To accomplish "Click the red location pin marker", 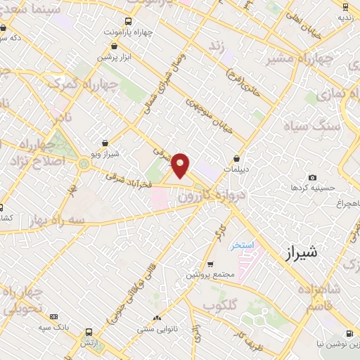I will tap(181, 165).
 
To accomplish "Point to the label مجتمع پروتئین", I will tap(207, 275).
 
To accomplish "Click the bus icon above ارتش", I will tap(89, 330).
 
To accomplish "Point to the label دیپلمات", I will tap(236, 169).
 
